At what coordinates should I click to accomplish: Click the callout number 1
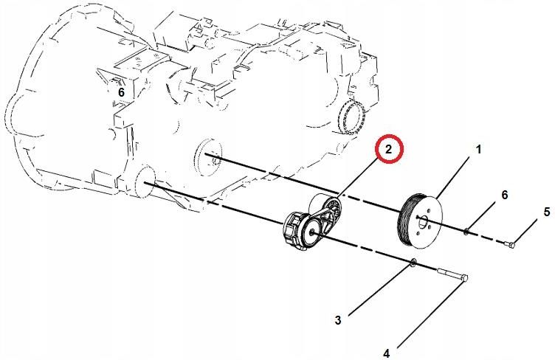point(478,150)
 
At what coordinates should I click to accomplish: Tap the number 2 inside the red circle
point(389,150)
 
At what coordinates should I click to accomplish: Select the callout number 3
point(338,320)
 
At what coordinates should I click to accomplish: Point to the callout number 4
point(387,353)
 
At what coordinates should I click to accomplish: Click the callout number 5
point(547,212)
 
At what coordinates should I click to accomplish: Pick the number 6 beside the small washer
point(504,195)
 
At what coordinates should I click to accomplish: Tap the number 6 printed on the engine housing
point(121,93)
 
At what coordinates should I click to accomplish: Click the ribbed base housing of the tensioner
point(294,231)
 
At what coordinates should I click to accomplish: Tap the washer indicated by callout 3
point(413,263)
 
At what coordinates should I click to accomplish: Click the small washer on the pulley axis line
point(466,232)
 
